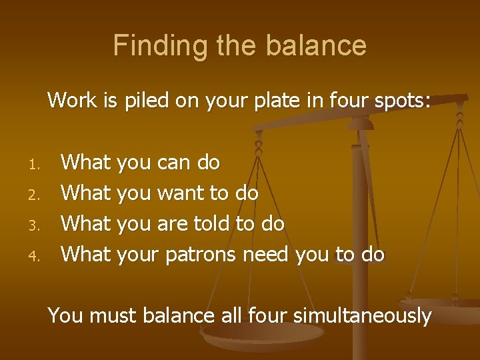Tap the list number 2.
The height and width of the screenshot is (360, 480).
pyautogui.click(x=37, y=194)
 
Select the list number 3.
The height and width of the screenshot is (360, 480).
pyautogui.click(x=37, y=225)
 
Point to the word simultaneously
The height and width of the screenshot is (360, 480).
pyautogui.click(x=366, y=315)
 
